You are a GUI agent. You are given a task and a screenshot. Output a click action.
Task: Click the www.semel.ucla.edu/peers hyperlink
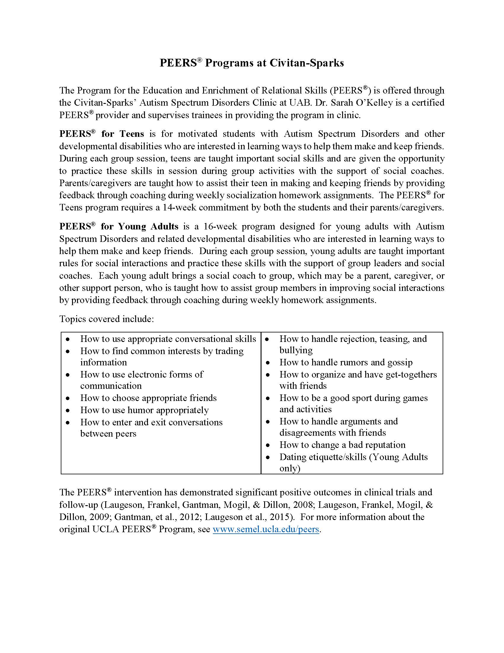coord(266,529)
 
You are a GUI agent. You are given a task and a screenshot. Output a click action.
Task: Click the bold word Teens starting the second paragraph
coord(132,134)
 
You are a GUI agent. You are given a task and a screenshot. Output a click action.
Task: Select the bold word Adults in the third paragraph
coord(164,226)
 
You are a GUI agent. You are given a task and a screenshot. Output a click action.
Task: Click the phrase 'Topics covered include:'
coord(107,319)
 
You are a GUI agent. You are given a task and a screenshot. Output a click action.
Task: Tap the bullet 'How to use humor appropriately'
coord(144,410)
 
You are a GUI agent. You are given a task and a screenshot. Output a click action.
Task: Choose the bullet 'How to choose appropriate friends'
coord(149,398)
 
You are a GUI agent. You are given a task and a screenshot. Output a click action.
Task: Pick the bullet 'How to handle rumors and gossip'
coord(346,362)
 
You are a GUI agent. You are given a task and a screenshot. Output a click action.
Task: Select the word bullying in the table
coord(296,350)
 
